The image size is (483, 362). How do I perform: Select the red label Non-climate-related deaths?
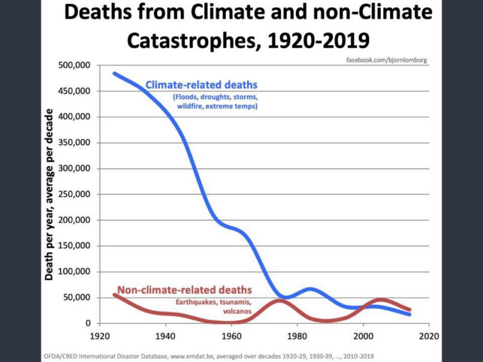point(184,290)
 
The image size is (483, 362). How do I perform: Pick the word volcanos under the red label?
point(235,312)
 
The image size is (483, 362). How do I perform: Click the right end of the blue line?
point(410,314)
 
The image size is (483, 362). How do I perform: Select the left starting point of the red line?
point(114,294)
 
